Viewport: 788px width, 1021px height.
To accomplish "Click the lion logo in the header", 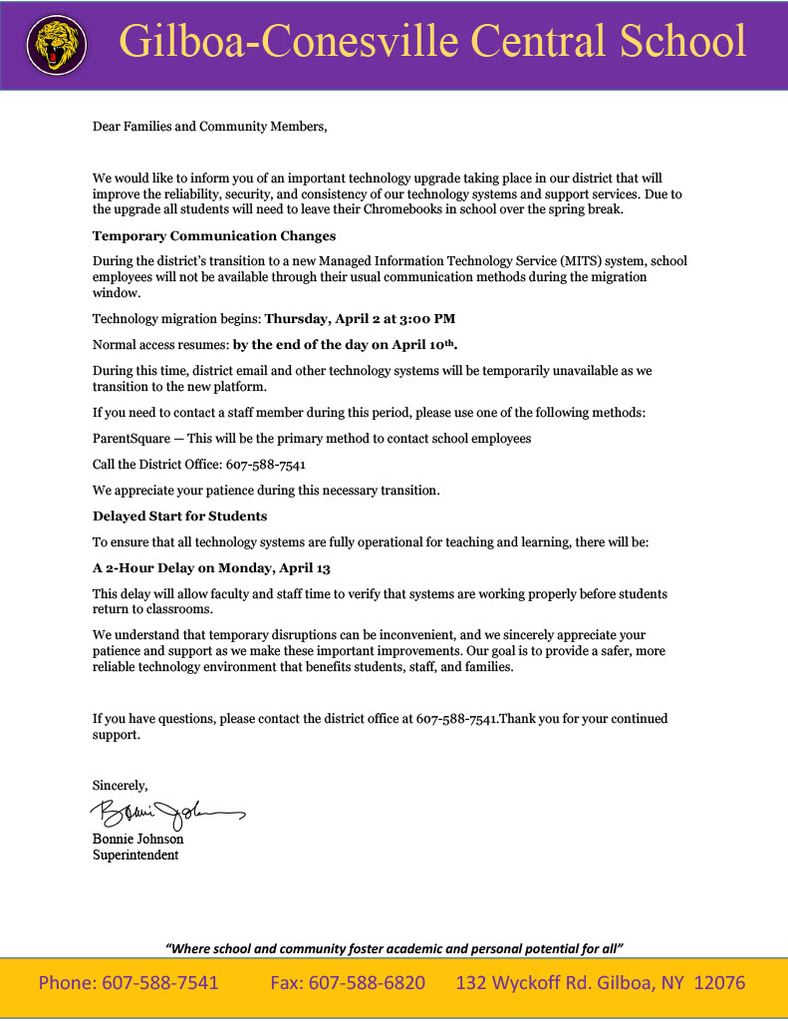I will click(x=56, y=45).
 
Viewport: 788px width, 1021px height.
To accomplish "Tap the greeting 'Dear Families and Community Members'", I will click(x=209, y=127).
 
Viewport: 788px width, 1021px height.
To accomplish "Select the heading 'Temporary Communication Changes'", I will click(x=214, y=236).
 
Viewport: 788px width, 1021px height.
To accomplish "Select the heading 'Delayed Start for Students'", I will click(x=179, y=515).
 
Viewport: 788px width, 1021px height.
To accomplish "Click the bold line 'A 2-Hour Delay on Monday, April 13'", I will click(x=211, y=567).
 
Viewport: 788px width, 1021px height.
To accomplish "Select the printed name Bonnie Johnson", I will click(x=137, y=840).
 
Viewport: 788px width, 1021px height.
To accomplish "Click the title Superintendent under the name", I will click(x=135, y=854).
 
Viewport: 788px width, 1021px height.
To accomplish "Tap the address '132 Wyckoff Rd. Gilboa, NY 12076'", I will click(x=600, y=983).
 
